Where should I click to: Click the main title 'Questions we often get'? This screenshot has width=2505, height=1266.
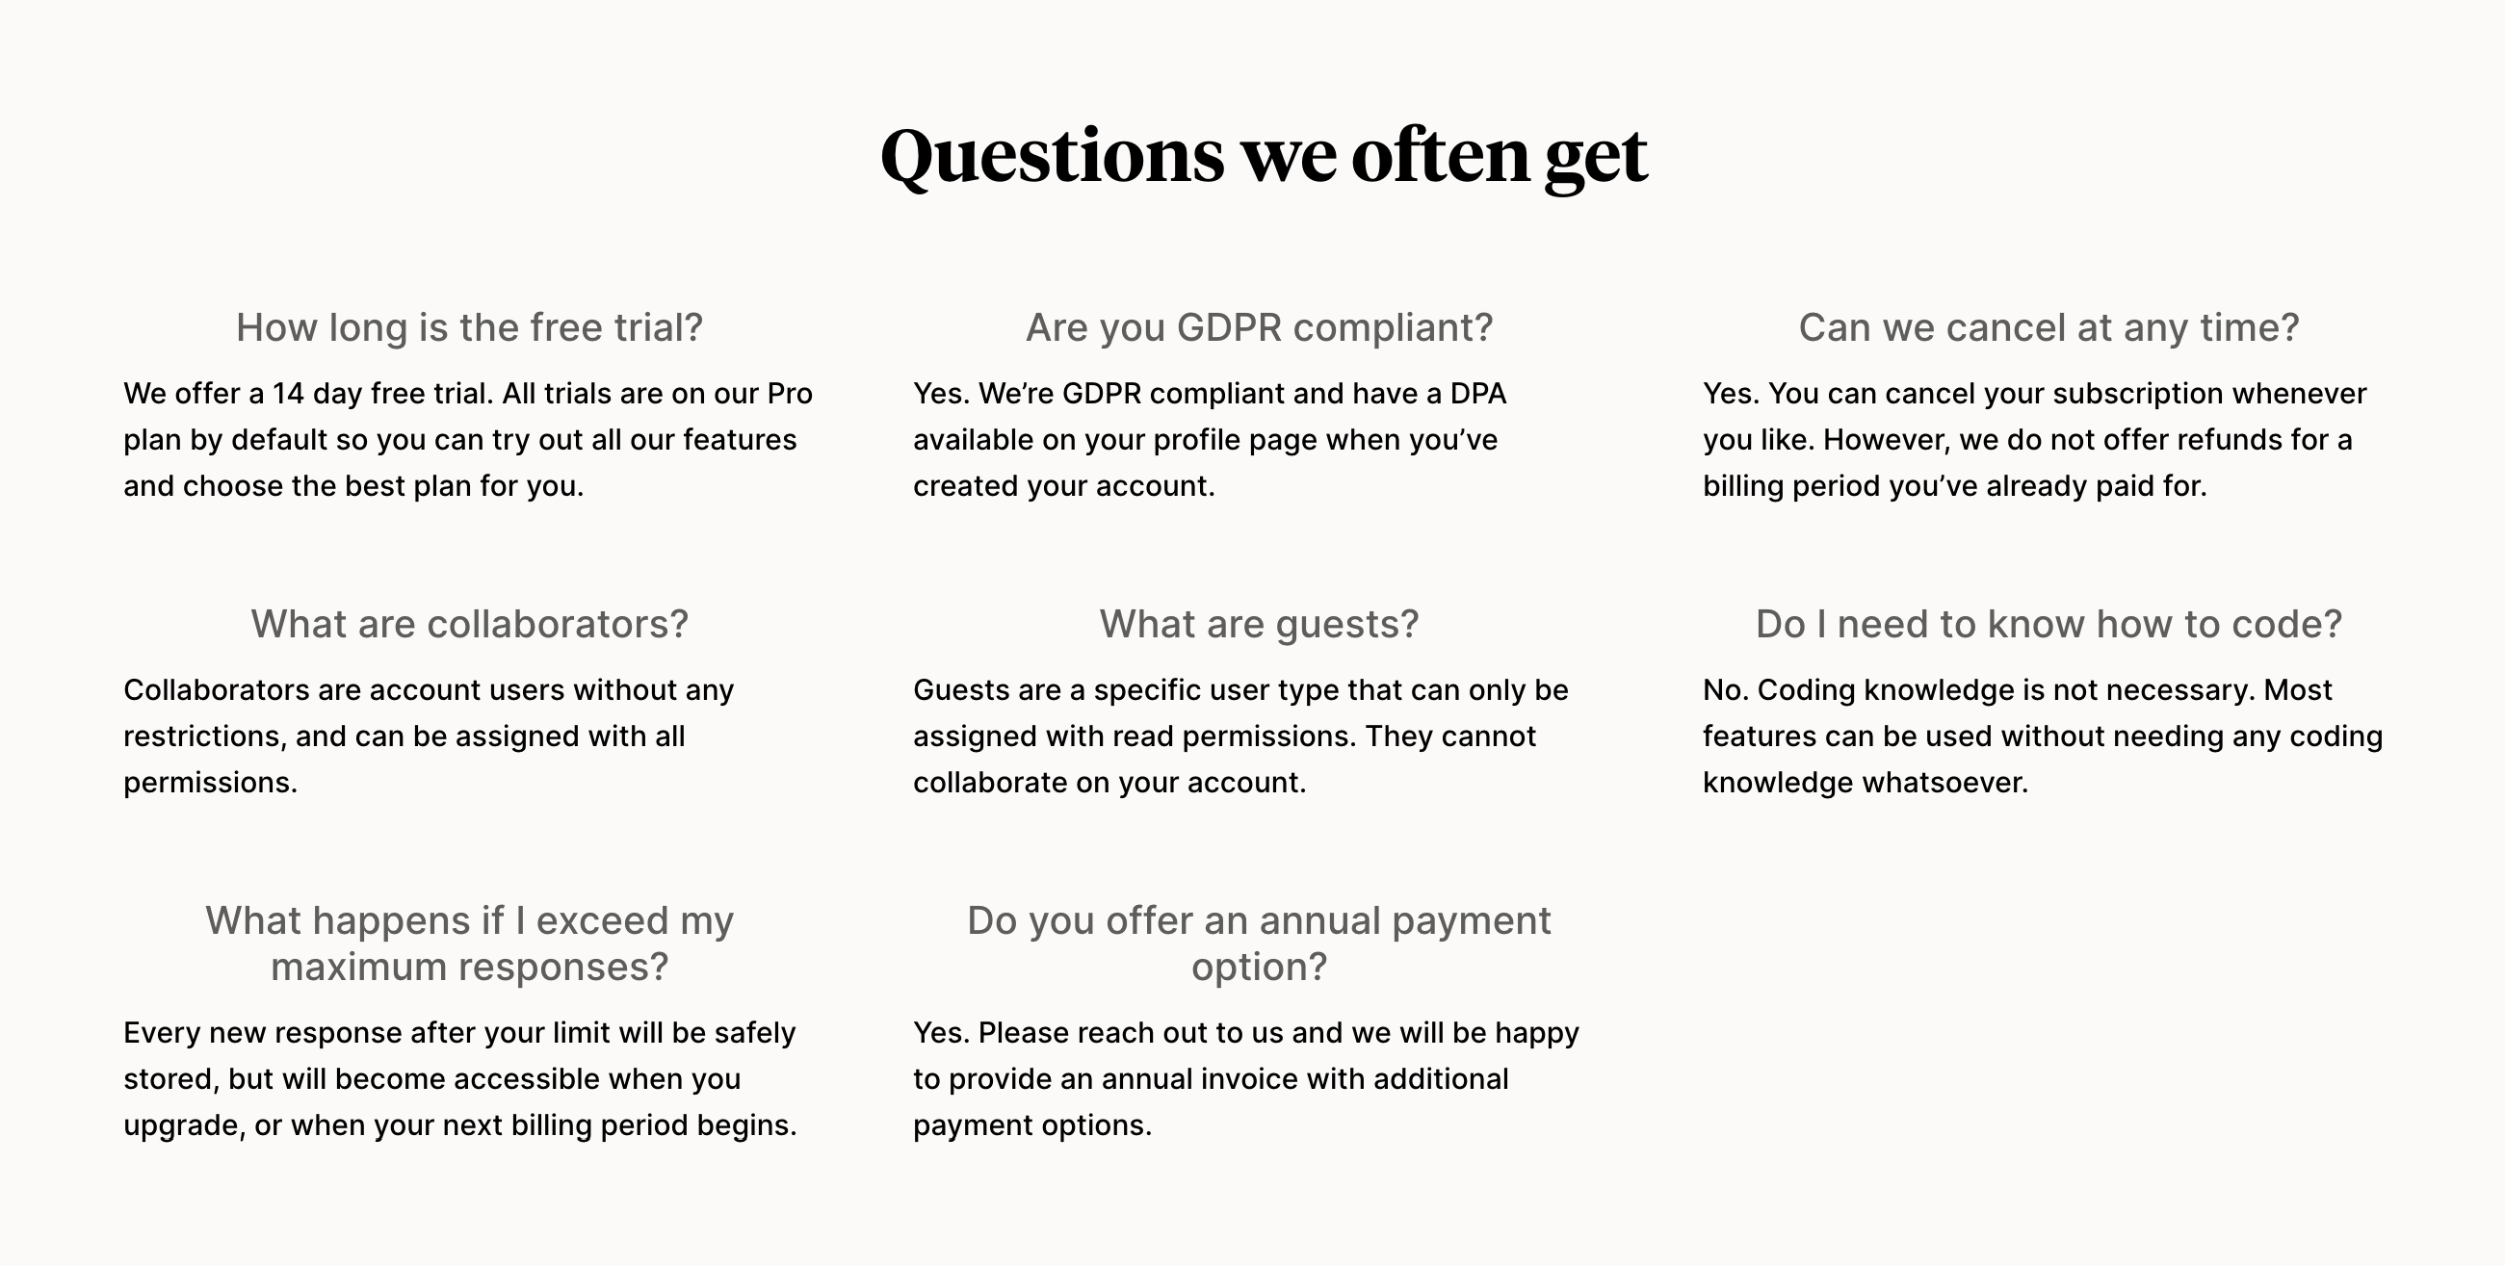(1264, 156)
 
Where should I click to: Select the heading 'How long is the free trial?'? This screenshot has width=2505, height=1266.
(469, 327)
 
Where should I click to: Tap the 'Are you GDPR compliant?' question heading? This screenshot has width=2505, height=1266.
(1259, 327)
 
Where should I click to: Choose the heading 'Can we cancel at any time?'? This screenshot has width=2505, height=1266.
(2048, 327)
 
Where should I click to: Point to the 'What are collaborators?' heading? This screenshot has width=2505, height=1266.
(469, 624)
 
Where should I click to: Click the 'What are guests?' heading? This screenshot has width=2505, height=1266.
(1259, 624)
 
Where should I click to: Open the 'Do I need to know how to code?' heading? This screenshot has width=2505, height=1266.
(2048, 624)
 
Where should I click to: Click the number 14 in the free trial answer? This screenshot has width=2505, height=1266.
(288, 394)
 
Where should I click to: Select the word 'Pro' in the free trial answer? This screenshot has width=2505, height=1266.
(789, 394)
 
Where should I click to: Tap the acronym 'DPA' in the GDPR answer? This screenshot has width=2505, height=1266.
(1477, 394)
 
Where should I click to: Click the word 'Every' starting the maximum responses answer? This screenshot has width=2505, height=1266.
(162, 1033)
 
